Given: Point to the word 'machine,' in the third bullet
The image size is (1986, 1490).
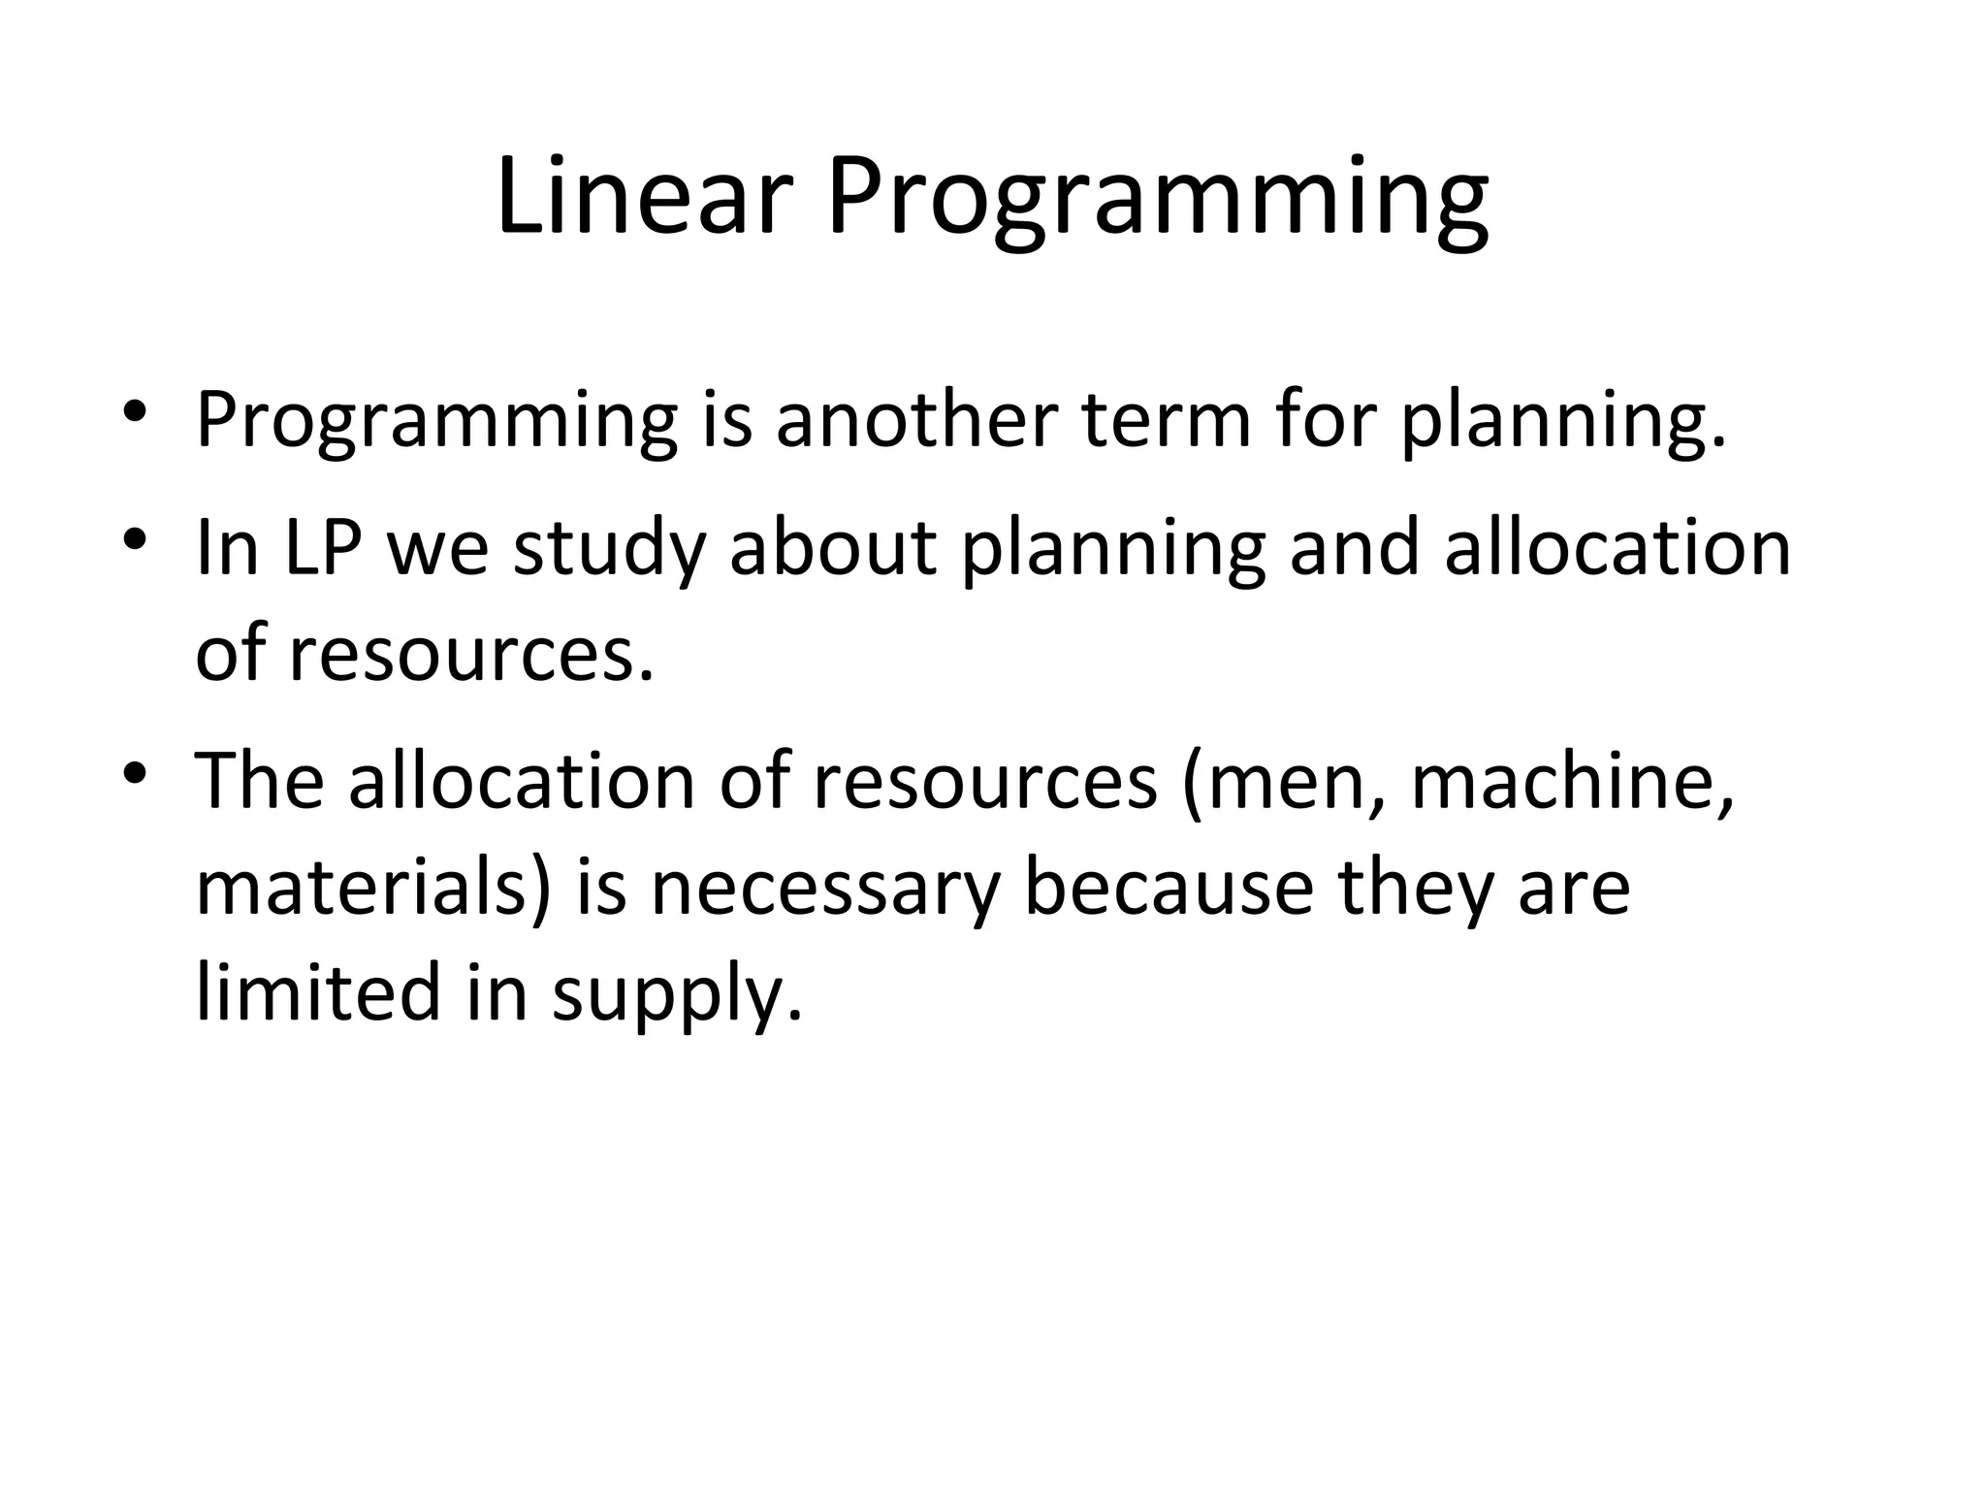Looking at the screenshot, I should click(x=1571, y=782).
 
